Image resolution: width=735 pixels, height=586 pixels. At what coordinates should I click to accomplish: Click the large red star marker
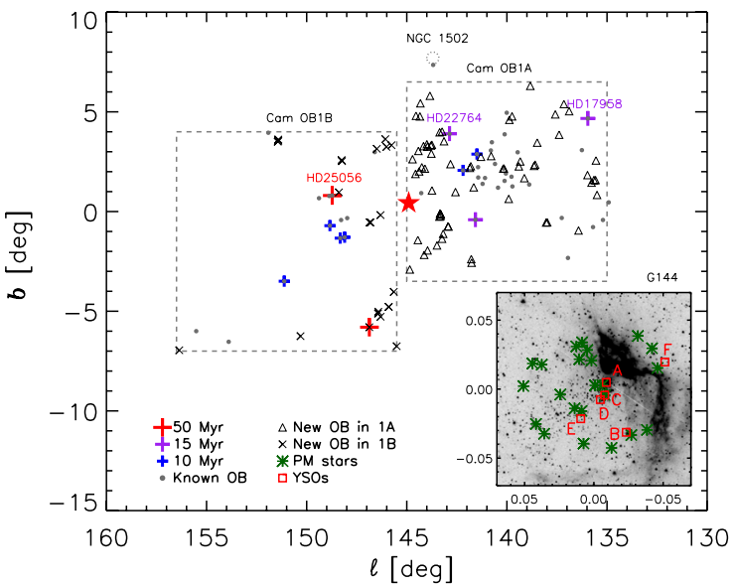tap(408, 203)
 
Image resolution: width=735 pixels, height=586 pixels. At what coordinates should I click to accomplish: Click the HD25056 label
tap(333, 178)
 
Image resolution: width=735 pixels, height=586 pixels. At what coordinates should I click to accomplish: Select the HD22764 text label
tap(454, 118)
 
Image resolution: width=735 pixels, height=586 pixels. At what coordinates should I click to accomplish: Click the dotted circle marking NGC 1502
tap(432, 58)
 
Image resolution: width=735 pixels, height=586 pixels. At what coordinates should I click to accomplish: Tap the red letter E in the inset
tap(570, 429)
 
